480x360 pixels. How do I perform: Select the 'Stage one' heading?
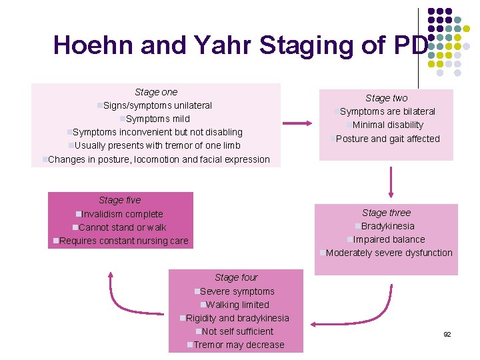click(x=156, y=92)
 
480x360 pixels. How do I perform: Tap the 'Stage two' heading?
click(x=387, y=98)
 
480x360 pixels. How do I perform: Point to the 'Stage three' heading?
click(x=387, y=213)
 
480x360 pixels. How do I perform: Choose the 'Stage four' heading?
click(x=236, y=277)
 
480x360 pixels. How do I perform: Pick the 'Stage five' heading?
click(x=120, y=200)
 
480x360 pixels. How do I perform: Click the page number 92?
click(x=447, y=334)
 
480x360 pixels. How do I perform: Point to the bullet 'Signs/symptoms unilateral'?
click(x=157, y=105)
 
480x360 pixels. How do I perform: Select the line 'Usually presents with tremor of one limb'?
click(x=157, y=145)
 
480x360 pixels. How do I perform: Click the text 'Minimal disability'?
click(x=387, y=125)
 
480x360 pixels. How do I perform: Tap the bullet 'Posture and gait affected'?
click(x=387, y=139)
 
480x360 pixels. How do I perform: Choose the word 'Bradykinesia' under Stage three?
click(x=387, y=226)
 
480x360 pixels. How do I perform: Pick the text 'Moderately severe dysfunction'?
click(x=389, y=253)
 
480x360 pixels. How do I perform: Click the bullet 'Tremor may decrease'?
click(x=238, y=345)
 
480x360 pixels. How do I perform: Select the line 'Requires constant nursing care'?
click(x=123, y=241)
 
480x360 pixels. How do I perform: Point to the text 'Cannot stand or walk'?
click(x=122, y=227)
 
